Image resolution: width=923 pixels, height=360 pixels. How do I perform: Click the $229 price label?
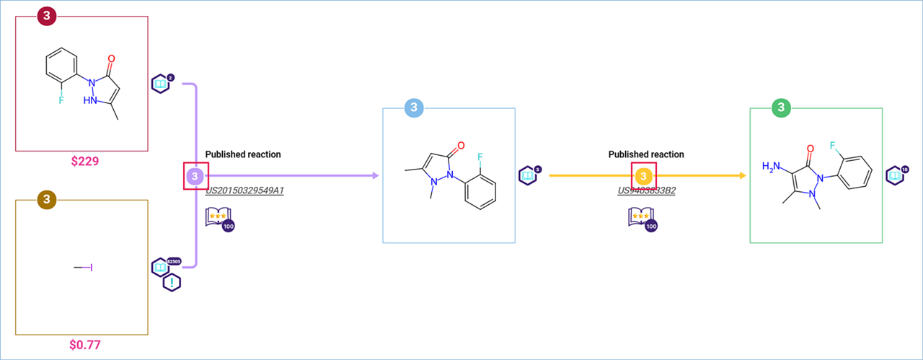click(x=84, y=162)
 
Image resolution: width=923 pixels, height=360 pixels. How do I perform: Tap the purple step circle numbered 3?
click(x=195, y=176)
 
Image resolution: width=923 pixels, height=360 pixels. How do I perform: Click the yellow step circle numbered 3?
click(x=643, y=176)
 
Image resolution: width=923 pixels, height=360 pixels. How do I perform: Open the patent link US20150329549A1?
click(x=244, y=191)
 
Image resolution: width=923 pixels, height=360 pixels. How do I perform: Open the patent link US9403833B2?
click(x=646, y=191)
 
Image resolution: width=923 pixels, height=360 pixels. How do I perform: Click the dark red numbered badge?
click(x=46, y=16)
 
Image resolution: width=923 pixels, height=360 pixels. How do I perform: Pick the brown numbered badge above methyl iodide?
click(x=46, y=199)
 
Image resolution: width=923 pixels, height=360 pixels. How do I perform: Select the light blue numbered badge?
click(x=413, y=108)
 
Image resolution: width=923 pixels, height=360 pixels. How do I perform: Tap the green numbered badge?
click(x=781, y=108)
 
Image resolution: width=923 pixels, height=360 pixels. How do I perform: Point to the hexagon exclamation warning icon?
click(x=172, y=282)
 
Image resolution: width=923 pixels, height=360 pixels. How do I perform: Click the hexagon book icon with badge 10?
click(x=896, y=175)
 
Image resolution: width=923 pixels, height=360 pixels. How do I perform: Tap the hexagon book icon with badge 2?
click(x=161, y=83)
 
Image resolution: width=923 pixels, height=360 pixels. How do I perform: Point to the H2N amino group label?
click(x=772, y=167)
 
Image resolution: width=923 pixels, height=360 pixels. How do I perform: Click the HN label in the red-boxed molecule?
click(x=91, y=101)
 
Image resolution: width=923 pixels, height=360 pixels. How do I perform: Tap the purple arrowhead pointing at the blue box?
click(x=375, y=176)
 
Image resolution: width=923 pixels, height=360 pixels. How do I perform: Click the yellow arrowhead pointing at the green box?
click(x=741, y=176)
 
